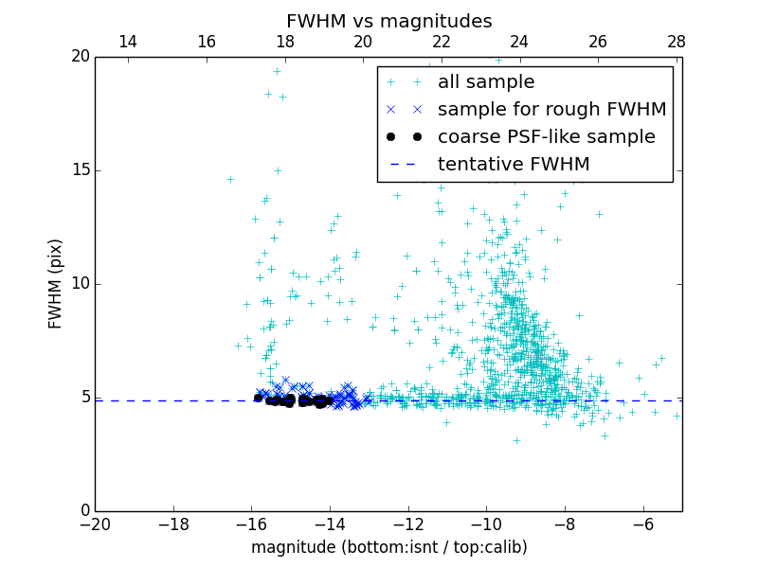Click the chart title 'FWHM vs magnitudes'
click(388, 21)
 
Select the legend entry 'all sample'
click(486, 82)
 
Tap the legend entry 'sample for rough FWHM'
click(551, 110)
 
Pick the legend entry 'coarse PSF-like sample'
click(546, 137)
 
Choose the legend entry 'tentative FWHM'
click(514, 165)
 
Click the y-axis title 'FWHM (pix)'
click(56, 284)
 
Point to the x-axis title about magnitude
click(388, 548)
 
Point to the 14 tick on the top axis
click(128, 42)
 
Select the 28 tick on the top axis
click(676, 42)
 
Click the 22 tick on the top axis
click(441, 42)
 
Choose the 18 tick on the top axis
click(284, 42)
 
